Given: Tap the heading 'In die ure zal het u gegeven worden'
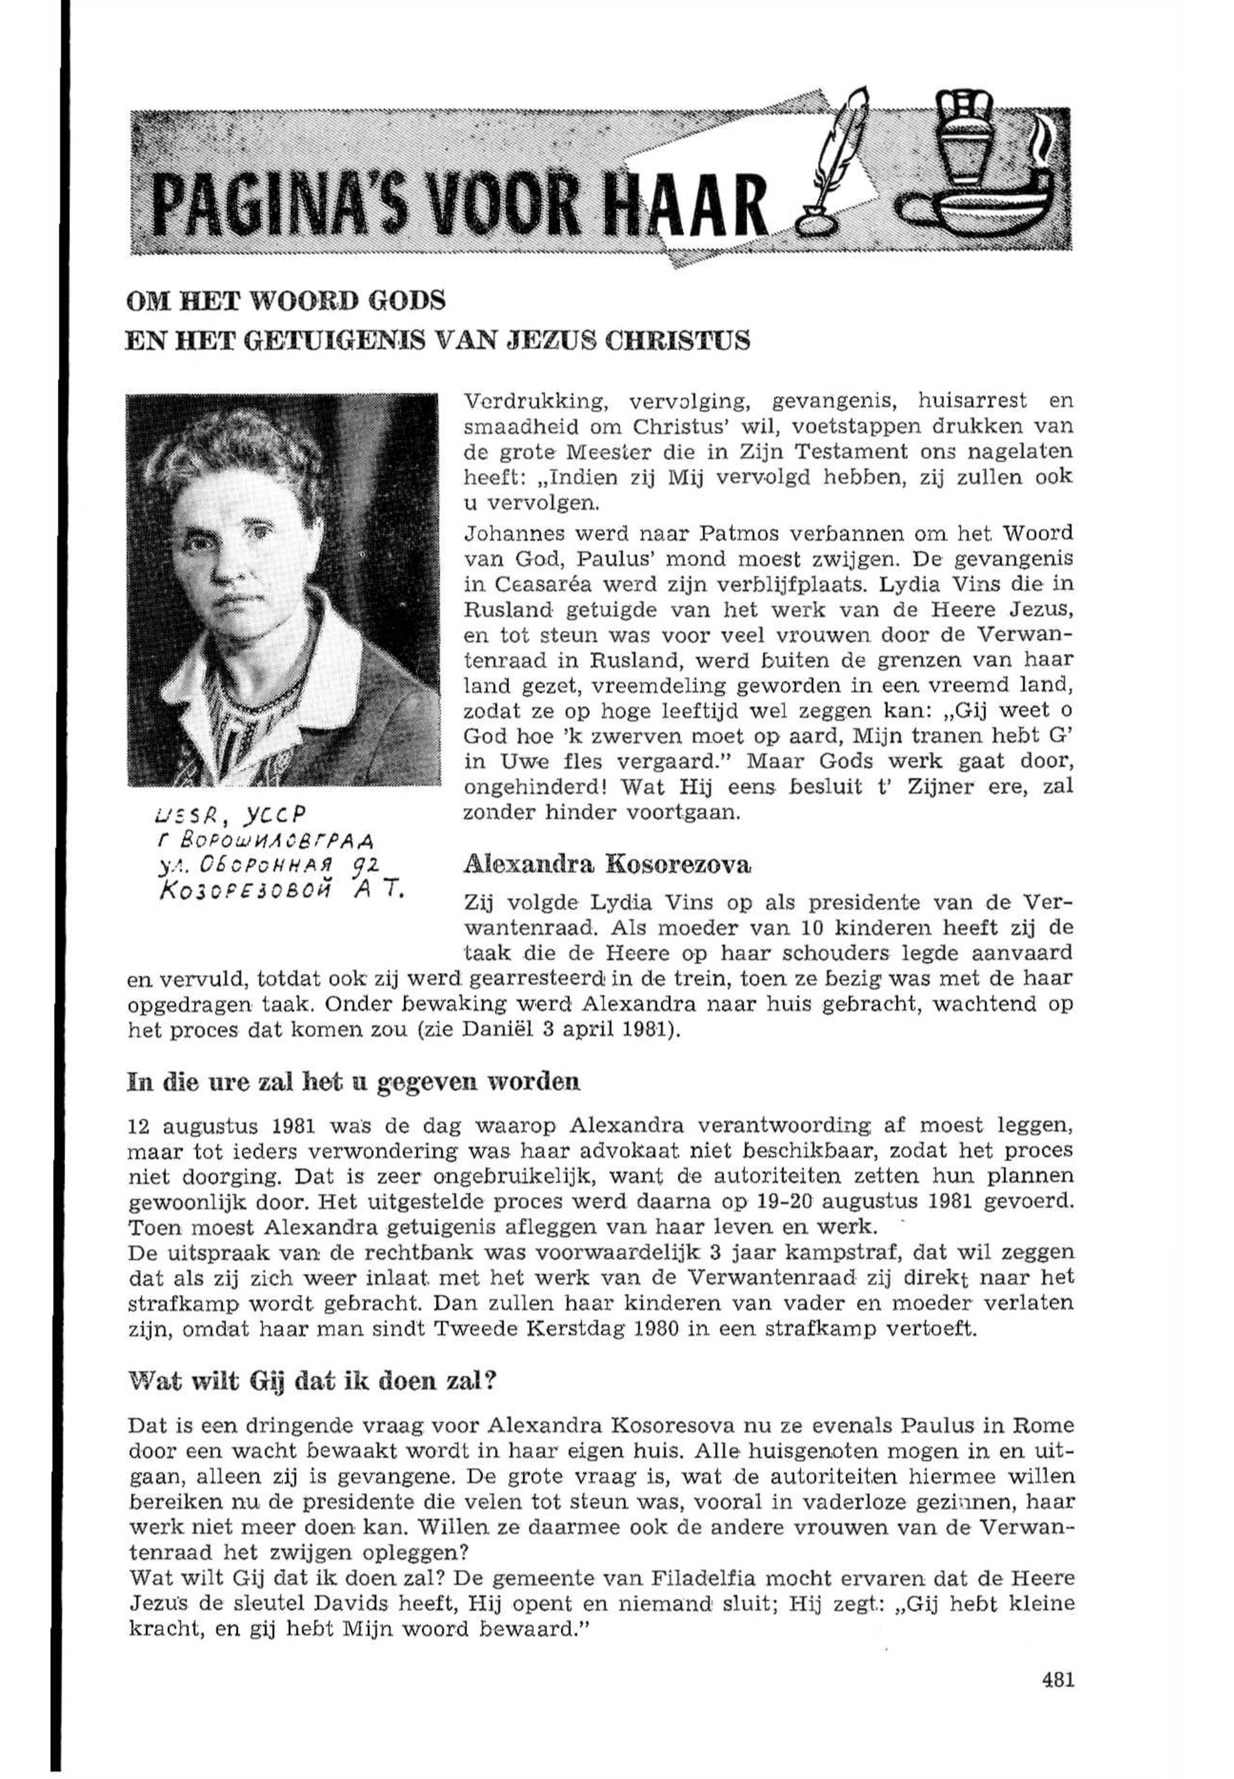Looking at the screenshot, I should (x=352, y=1081).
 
